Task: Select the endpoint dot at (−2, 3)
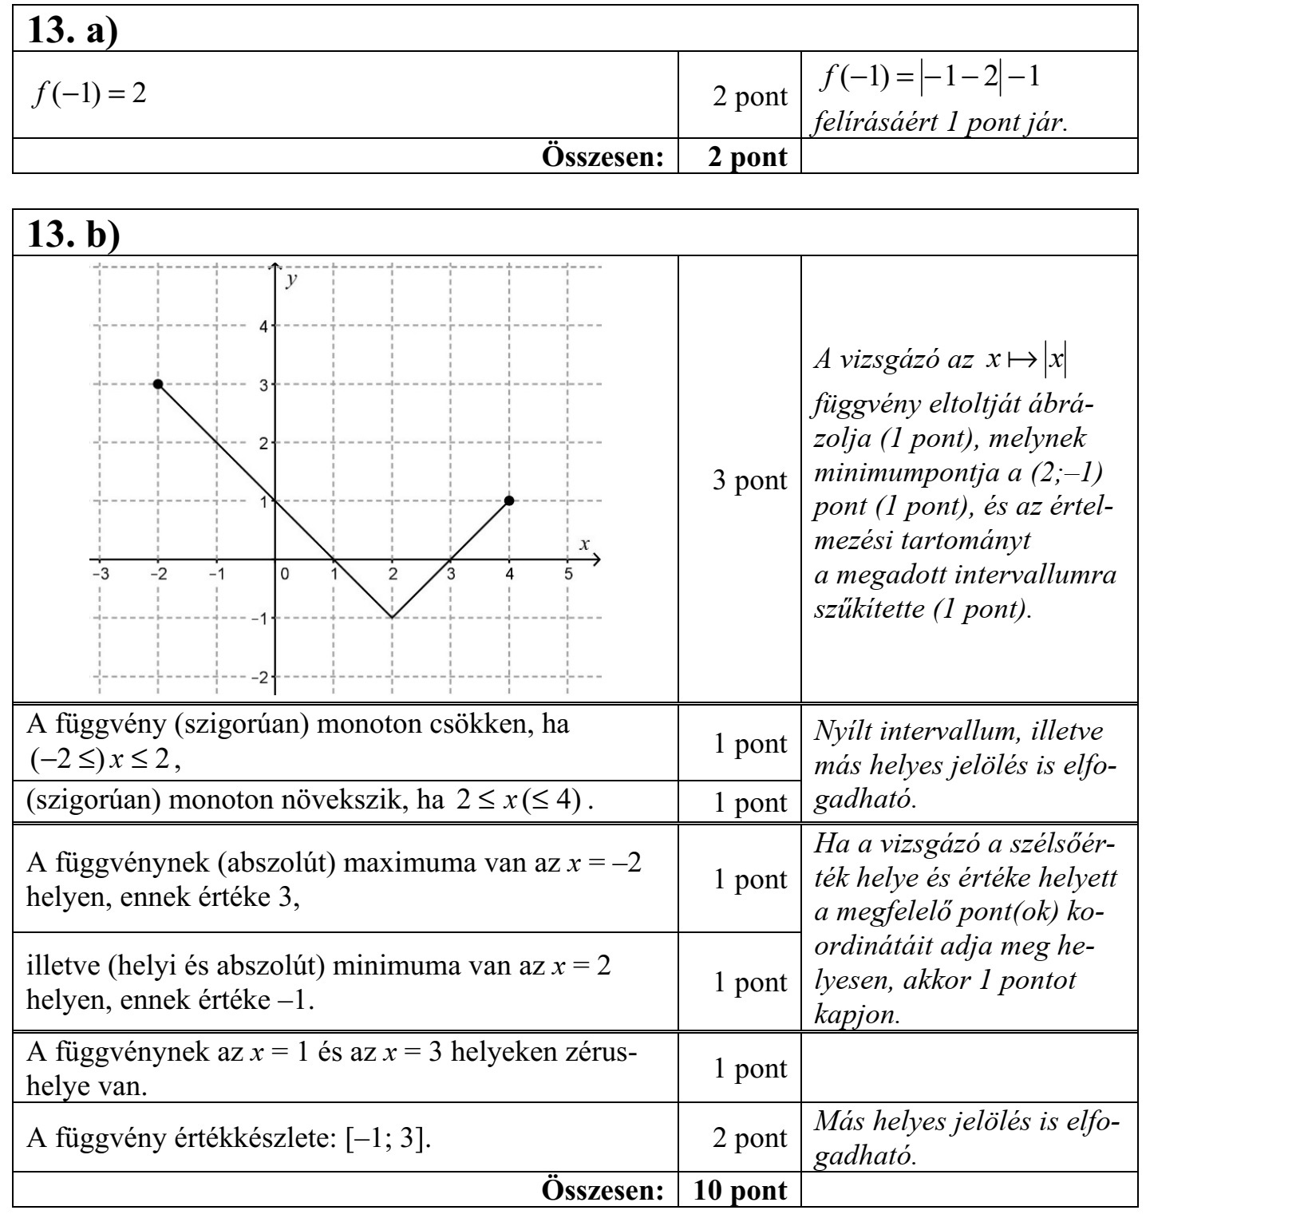point(158,384)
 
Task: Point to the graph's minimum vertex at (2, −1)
point(392,617)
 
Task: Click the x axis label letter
point(583,544)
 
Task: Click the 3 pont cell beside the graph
point(749,481)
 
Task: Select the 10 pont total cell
point(740,1190)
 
